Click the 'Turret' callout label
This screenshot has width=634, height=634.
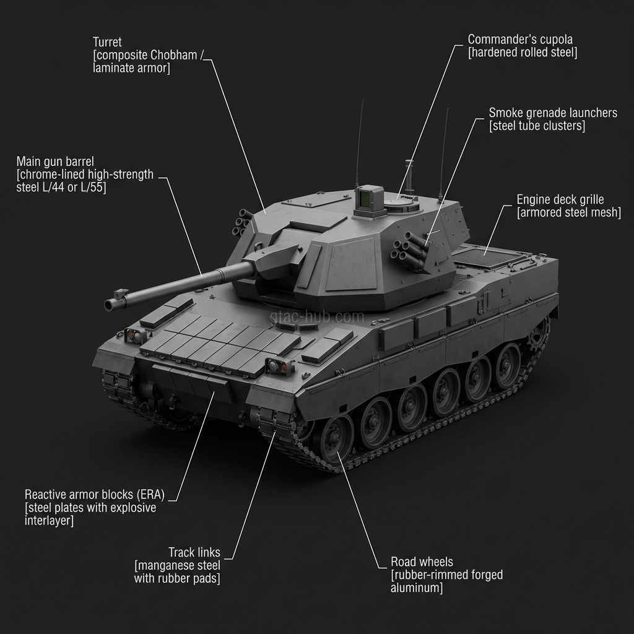[x=107, y=42]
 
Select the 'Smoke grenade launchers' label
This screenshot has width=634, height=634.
[x=552, y=113]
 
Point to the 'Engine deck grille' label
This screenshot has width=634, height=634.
[x=560, y=199]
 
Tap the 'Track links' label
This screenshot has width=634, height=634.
[x=194, y=552]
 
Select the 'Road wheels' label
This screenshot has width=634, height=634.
[x=421, y=562]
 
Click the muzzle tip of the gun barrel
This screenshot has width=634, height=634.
[x=110, y=304]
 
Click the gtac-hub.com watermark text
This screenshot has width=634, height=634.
[x=317, y=317]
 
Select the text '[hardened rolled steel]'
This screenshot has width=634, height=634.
[x=522, y=53]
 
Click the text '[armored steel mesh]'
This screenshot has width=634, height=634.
[x=568, y=213]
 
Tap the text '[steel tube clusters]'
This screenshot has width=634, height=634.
[x=536, y=126]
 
